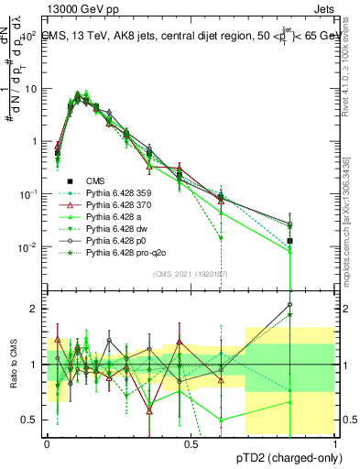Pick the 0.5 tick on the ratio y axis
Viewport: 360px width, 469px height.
point(31,420)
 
